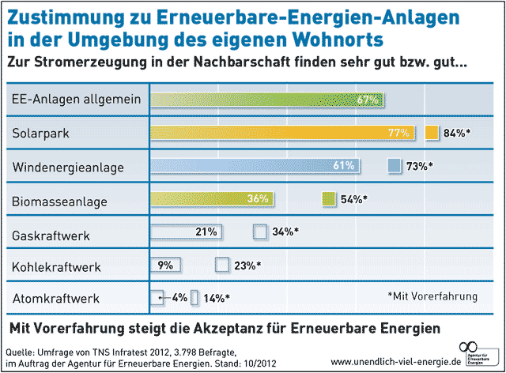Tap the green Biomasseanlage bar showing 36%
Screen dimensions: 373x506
[213, 199]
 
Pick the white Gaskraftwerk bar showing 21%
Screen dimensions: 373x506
[186, 232]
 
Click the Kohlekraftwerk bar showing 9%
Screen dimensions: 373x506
[166, 265]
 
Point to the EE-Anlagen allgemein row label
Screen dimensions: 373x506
[77, 100]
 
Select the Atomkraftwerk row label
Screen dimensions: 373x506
[55, 299]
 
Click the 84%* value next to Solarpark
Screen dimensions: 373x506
[457, 133]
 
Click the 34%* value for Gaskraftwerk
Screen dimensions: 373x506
[286, 232]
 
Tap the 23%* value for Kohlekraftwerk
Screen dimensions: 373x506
[247, 266]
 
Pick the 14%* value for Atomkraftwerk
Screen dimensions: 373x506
[216, 299]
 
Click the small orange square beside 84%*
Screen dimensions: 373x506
[431, 133]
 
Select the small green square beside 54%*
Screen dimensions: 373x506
[330, 199]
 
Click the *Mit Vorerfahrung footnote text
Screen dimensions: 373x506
[432, 296]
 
